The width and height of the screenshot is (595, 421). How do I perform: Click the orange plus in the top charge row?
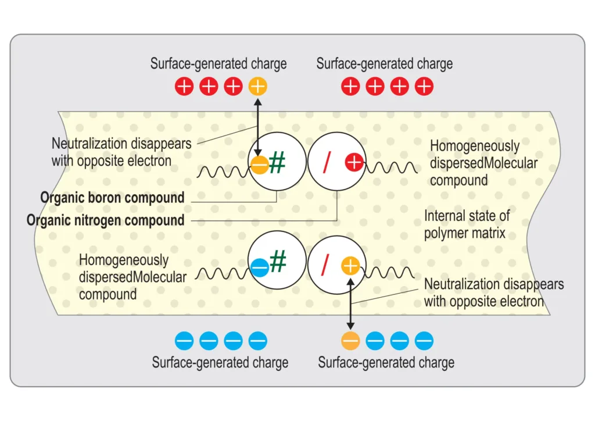click(257, 87)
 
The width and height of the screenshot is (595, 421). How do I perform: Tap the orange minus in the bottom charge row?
click(350, 341)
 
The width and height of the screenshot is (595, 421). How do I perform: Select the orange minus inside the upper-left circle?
click(260, 165)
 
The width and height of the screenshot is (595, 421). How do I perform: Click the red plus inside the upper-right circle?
click(354, 162)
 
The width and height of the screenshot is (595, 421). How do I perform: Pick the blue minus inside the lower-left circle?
click(260, 267)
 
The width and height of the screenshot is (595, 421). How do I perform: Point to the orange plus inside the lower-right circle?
click(350, 266)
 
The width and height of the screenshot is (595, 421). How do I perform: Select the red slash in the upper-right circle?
click(327, 162)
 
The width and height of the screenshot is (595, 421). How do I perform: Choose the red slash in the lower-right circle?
click(325, 265)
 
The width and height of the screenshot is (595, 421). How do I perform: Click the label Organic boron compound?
click(112, 198)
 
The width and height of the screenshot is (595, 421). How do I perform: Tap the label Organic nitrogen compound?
click(106, 220)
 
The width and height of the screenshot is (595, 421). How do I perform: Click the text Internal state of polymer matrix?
click(467, 224)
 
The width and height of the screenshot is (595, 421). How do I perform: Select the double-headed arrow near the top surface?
click(257, 127)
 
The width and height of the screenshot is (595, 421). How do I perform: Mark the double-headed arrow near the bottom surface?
click(350, 304)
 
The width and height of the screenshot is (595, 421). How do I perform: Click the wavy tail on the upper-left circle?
click(224, 172)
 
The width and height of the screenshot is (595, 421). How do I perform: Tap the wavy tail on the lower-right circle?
click(388, 272)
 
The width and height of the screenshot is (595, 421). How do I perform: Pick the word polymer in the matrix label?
click(445, 233)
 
